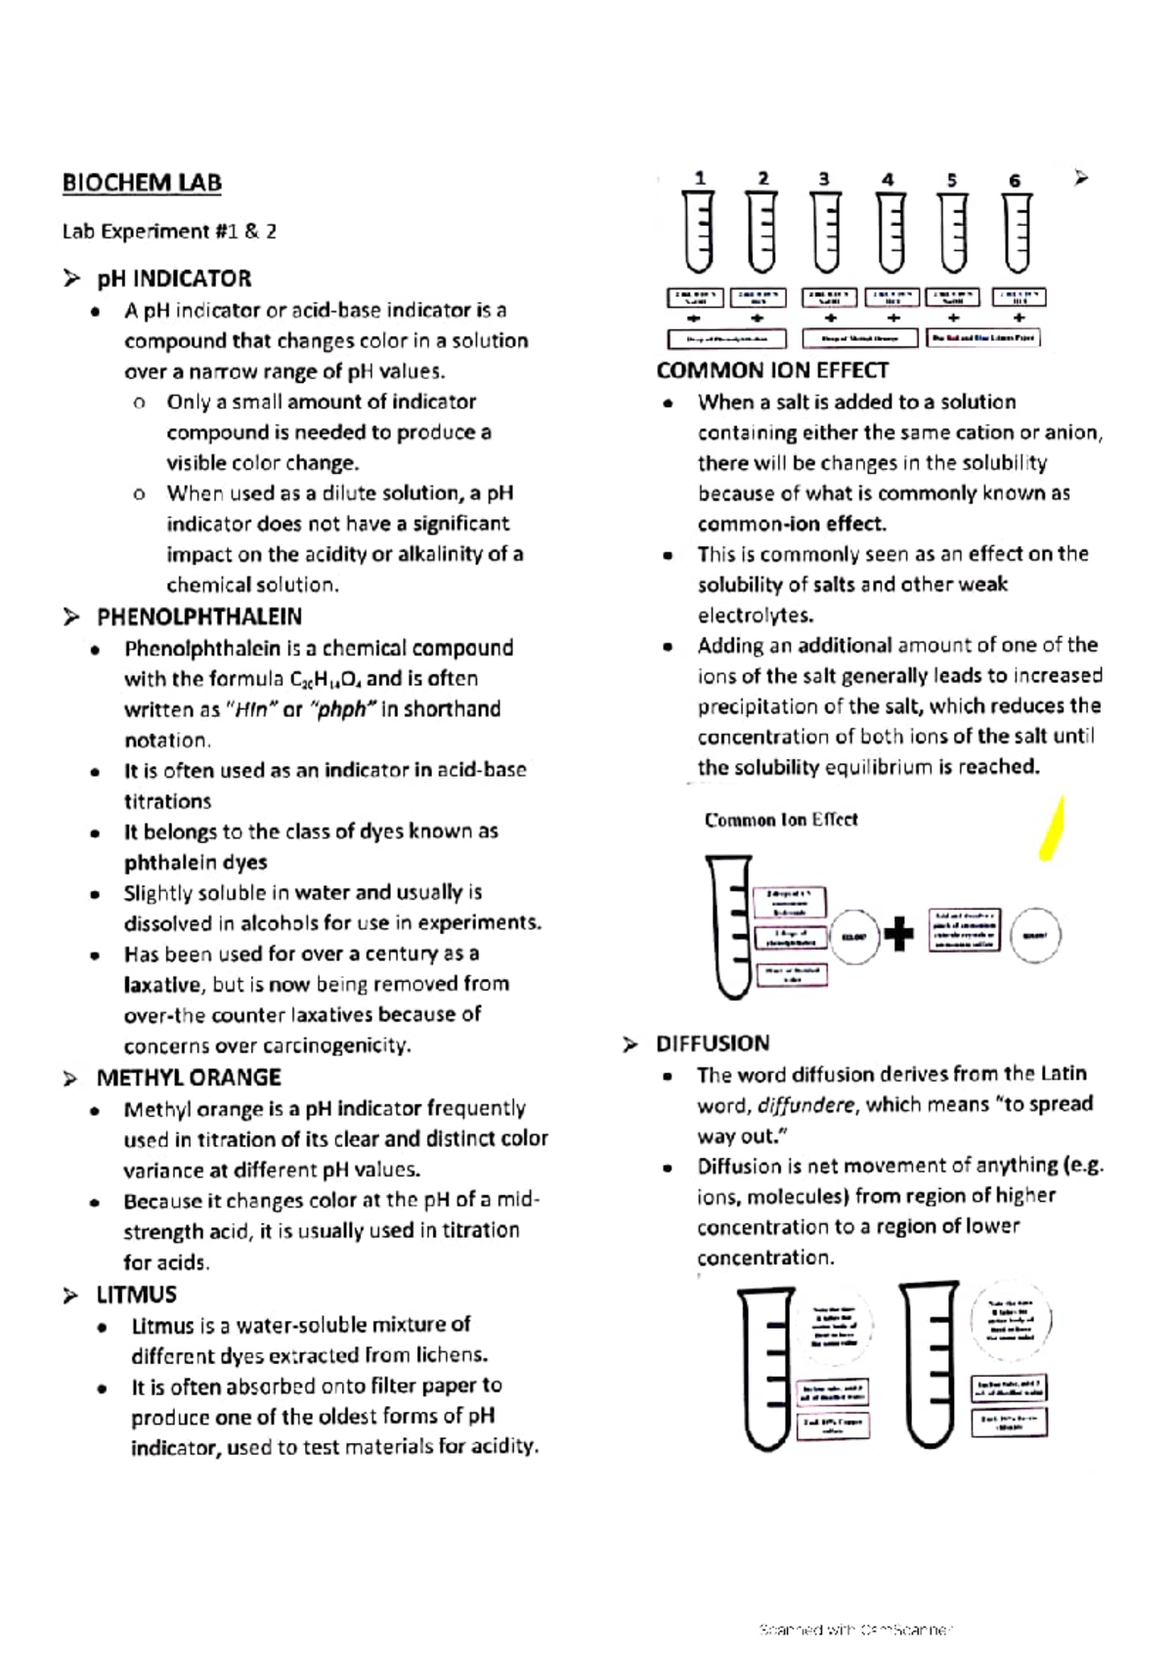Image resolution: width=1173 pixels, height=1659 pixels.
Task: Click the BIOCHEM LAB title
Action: pyautogui.click(x=142, y=183)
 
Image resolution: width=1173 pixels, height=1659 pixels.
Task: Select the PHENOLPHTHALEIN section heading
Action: pyautogui.click(x=198, y=617)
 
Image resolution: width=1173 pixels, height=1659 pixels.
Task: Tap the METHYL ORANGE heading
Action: pyautogui.click(x=188, y=1078)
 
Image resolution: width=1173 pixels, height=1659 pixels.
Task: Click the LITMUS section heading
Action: pyautogui.click(x=136, y=1295)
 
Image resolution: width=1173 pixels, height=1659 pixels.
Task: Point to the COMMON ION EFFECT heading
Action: pyautogui.click(x=772, y=370)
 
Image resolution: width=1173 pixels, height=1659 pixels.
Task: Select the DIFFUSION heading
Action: pyautogui.click(x=713, y=1043)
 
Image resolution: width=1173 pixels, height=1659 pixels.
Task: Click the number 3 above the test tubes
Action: pyautogui.click(x=824, y=179)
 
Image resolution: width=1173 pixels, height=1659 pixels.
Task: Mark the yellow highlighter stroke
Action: pyautogui.click(x=1052, y=829)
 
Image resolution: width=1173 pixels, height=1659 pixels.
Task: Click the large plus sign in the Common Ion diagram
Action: pyautogui.click(x=898, y=934)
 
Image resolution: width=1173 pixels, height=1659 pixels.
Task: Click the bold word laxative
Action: pyautogui.click(x=162, y=985)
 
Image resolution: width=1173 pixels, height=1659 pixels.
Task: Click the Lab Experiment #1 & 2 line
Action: pyautogui.click(x=169, y=232)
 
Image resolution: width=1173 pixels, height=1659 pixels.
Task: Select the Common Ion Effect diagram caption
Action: pyautogui.click(x=780, y=820)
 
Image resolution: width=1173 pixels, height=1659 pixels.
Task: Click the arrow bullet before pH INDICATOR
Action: pyautogui.click(x=70, y=279)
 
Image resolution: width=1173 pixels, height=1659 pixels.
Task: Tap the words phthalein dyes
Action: pyautogui.click(x=195, y=863)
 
